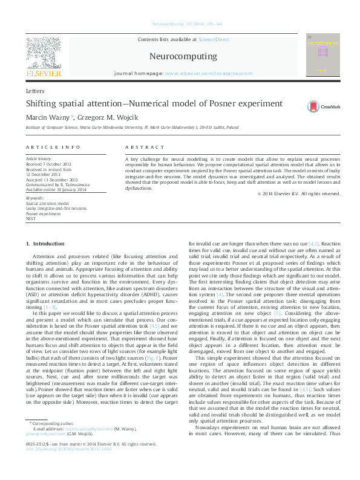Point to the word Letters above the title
[x=35, y=89]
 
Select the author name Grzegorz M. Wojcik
[x=97, y=117]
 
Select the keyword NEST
[x=31, y=219]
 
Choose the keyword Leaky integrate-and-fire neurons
[x=55, y=209]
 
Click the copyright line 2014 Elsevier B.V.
[x=299, y=194]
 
